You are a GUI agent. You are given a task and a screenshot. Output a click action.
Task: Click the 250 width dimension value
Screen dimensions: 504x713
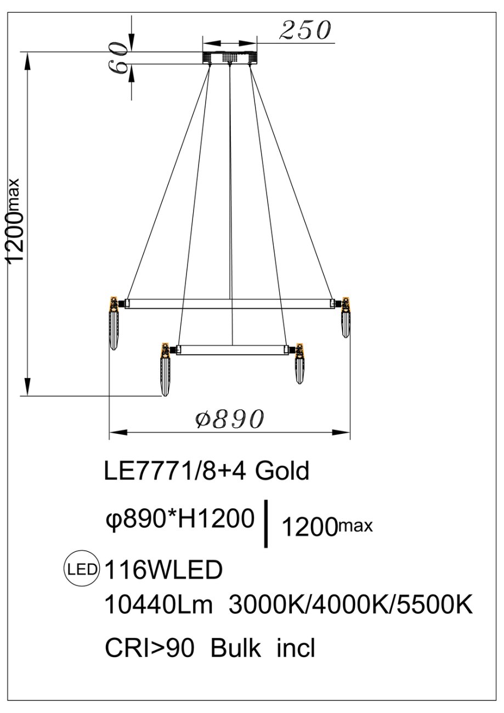pyautogui.click(x=305, y=31)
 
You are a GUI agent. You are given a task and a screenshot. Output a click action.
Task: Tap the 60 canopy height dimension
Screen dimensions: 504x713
pyautogui.click(x=118, y=58)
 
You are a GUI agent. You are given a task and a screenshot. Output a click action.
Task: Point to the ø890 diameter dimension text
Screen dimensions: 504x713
pyautogui.click(x=230, y=418)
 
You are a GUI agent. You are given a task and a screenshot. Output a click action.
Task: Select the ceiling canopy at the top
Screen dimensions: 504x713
pyautogui.click(x=230, y=58)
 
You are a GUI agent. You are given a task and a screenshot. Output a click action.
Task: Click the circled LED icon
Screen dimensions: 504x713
pyautogui.click(x=82, y=569)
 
